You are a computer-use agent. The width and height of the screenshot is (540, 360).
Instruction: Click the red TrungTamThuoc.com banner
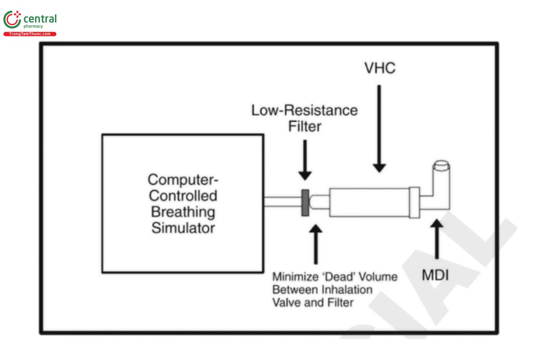coord(30,34)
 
